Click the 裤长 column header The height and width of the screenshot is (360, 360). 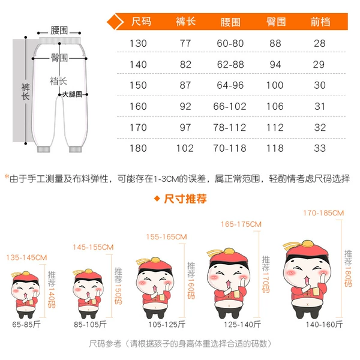click(x=185, y=22)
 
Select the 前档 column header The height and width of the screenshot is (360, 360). click(x=320, y=22)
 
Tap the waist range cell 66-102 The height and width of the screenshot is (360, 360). click(x=230, y=107)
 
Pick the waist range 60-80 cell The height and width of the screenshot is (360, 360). click(x=230, y=43)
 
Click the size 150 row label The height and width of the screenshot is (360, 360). click(x=138, y=85)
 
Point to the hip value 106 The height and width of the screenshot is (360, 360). click(x=275, y=107)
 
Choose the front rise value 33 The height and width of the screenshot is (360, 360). click(x=320, y=148)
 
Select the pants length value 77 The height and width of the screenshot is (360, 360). click(x=185, y=43)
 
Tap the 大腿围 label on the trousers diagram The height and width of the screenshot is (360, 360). click(x=72, y=94)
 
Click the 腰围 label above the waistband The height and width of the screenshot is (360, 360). click(x=59, y=31)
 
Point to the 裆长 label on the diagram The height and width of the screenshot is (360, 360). click(x=58, y=81)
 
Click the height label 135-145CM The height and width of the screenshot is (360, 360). click(x=26, y=257)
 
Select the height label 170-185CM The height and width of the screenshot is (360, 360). click(x=323, y=213)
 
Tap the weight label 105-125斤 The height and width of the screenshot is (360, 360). click(x=167, y=325)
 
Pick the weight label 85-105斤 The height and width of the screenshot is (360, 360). click(x=90, y=325)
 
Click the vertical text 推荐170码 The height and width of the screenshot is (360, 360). click(x=266, y=274)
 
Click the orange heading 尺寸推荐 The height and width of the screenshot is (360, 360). click(x=185, y=199)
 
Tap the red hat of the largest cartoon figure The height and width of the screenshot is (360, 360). click(x=307, y=250)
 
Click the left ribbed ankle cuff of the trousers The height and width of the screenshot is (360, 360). click(x=44, y=149)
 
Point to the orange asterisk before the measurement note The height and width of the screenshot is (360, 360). click(x=7, y=177)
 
